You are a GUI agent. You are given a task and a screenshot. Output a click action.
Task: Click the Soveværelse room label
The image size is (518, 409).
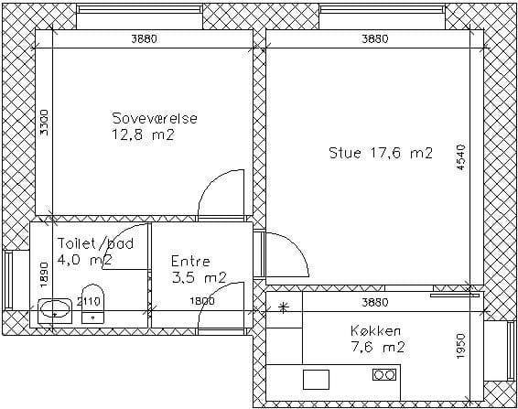[155, 118]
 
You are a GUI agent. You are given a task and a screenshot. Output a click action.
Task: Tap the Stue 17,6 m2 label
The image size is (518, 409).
[381, 154]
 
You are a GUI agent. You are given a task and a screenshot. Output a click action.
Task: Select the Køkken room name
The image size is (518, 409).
[376, 330]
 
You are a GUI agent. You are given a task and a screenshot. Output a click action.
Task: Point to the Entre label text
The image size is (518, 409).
[190, 262]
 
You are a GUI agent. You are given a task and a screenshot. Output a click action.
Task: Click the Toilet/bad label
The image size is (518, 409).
[96, 243]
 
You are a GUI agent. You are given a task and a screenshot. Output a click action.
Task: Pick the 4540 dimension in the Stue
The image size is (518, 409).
[461, 157]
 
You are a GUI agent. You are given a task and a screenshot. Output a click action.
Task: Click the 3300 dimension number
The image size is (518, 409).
[44, 123]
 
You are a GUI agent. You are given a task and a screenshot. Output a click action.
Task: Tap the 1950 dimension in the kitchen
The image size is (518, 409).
[461, 346]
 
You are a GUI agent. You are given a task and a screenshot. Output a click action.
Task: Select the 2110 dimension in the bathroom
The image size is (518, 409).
[88, 301]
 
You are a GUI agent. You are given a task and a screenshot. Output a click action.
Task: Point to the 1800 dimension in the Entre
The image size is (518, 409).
[202, 301]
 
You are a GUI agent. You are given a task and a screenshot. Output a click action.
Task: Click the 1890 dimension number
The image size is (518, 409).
[44, 274]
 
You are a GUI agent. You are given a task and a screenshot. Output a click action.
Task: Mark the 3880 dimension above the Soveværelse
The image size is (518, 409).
[144, 39]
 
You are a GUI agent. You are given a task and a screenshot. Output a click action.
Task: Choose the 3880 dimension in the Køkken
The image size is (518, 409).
[375, 302]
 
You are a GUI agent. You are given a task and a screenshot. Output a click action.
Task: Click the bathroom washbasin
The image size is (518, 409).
[55, 311]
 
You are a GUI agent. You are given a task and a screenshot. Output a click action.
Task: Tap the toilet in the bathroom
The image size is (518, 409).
[92, 304]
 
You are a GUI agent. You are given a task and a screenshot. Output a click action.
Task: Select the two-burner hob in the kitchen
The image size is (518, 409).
[384, 374]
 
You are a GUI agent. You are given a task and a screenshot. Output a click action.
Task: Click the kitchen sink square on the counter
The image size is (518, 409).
[316, 380]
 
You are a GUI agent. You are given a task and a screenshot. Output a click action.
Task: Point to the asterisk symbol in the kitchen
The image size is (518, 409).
[283, 308]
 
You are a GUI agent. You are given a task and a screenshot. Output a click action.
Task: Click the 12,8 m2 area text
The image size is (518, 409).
[143, 135]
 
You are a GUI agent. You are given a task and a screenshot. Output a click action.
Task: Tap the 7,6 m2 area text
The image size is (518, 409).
[378, 347]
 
